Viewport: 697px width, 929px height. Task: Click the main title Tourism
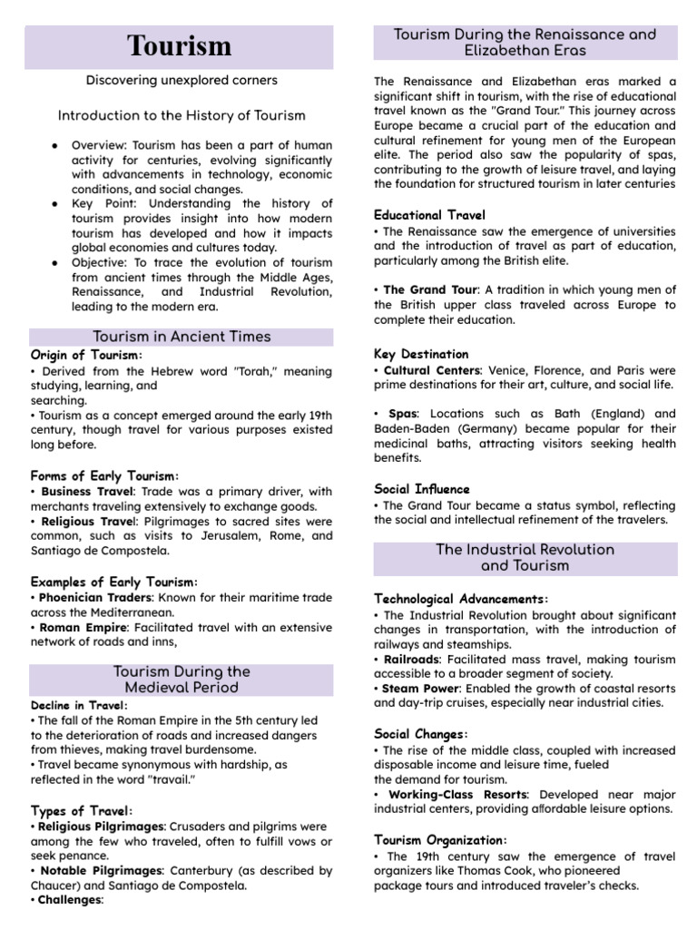[179, 45]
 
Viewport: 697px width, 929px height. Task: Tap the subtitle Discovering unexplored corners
[182, 80]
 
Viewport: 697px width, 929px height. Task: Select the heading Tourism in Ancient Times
[182, 337]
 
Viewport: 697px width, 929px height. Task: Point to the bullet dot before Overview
[56, 145]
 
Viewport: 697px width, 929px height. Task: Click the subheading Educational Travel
[429, 215]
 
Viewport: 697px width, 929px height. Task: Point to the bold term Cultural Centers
[432, 370]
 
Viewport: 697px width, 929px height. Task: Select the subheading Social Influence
[421, 488]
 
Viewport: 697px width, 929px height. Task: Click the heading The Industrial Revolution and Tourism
[525, 558]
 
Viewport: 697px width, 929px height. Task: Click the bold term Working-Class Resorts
[456, 794]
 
